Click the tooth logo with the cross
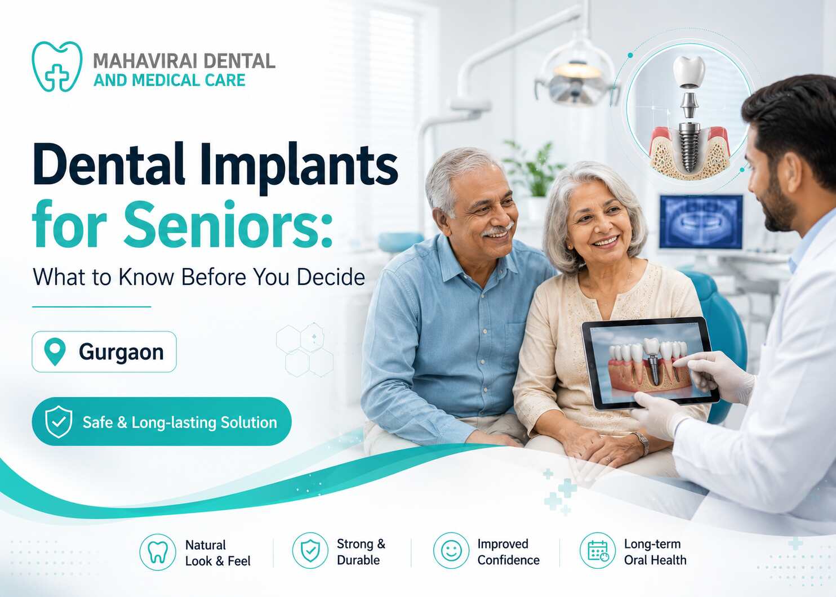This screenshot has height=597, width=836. tap(57, 66)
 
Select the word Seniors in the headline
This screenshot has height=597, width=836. tap(228, 225)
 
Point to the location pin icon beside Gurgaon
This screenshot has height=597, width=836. tap(55, 351)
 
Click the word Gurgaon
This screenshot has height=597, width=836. tap(121, 352)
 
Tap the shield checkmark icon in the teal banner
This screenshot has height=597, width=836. tap(59, 422)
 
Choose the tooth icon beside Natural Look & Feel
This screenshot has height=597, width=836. tap(158, 552)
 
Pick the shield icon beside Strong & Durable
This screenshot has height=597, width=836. tap(310, 550)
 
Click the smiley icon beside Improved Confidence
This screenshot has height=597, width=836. tap(451, 550)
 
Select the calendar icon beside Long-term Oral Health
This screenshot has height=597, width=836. tap(598, 550)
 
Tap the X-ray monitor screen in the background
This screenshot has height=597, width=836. tap(701, 222)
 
